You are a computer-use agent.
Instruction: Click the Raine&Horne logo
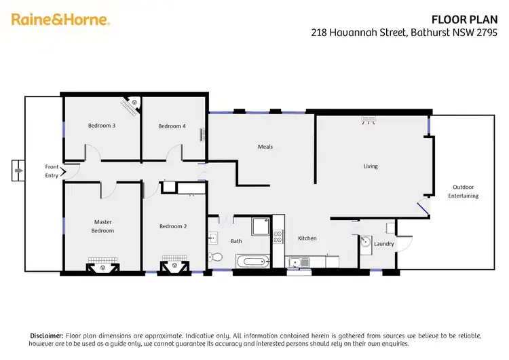[x=60, y=20]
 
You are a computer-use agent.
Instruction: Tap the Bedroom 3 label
[x=101, y=126]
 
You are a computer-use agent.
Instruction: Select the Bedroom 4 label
[x=172, y=126]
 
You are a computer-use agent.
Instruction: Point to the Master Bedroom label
[x=103, y=226]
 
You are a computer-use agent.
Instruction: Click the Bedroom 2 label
[x=172, y=226]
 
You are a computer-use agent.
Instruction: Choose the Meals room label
[x=265, y=147]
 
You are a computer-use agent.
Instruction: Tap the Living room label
[x=371, y=166]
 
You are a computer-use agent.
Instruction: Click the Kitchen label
[x=307, y=238]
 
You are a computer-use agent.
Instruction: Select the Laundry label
[x=384, y=244]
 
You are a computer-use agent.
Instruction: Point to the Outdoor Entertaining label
[x=463, y=192]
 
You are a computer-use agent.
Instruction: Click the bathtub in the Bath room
[x=252, y=262]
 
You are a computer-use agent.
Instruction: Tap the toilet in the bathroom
[x=214, y=257]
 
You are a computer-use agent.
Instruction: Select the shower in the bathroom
[x=260, y=226]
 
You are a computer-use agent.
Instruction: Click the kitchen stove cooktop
[x=278, y=237]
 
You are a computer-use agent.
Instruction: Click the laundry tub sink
[x=366, y=242]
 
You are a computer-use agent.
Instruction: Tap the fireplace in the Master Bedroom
[x=103, y=266]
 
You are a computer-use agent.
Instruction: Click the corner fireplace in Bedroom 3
[x=130, y=105]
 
